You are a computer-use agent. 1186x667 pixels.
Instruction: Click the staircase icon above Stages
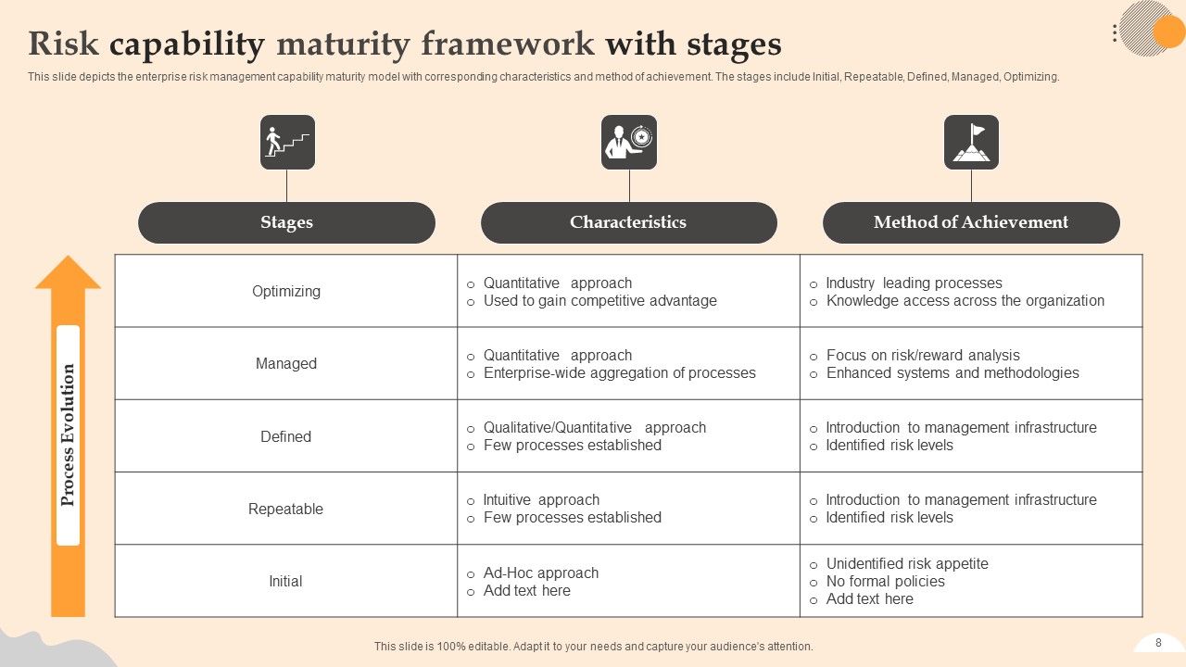(287, 143)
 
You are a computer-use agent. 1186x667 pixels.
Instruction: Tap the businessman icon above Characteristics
(629, 143)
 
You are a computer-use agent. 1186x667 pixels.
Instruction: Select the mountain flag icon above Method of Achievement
(971, 143)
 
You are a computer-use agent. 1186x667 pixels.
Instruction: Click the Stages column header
(286, 222)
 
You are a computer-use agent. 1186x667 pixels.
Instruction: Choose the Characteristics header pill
(628, 222)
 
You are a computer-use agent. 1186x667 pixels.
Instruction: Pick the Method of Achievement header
(971, 222)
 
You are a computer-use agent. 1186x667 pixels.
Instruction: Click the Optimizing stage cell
(286, 291)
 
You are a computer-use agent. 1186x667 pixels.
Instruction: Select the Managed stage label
(286, 363)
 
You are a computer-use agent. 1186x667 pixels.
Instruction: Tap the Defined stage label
(286, 436)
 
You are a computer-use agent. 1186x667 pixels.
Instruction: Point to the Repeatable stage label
(286, 509)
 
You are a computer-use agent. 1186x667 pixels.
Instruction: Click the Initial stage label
(286, 581)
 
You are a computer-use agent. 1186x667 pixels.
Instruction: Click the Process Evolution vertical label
(68, 434)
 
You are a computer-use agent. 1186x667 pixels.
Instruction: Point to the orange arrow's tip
(68, 259)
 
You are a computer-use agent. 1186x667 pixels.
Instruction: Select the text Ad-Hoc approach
(541, 573)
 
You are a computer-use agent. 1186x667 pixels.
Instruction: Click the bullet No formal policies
(885, 581)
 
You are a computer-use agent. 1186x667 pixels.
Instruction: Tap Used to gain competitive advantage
(599, 300)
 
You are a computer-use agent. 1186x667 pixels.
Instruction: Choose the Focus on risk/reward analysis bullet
(923, 355)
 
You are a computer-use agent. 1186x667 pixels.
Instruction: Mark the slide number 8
(1158, 643)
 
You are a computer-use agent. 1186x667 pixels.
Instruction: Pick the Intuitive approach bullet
(541, 499)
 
